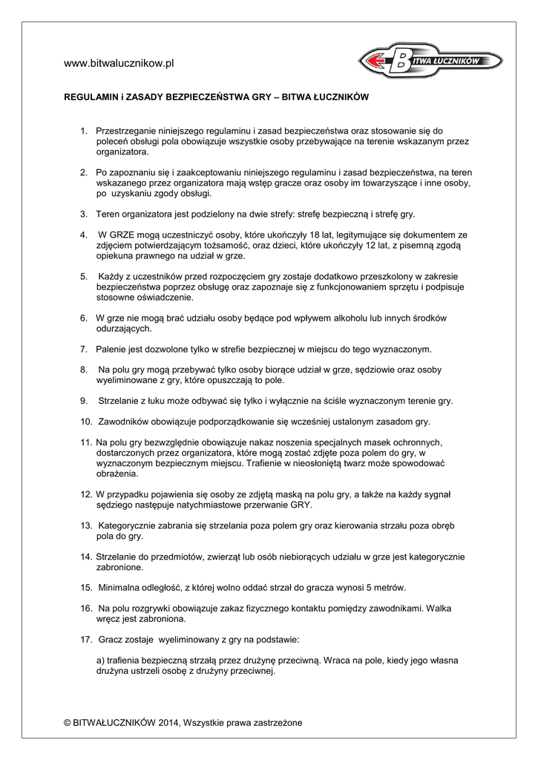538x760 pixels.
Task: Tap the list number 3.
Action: [84, 214]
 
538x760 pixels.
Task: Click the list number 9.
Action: [84, 401]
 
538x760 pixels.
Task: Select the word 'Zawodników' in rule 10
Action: [124, 422]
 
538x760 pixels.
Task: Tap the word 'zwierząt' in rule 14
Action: [218, 557]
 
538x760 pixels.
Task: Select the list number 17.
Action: [85, 639]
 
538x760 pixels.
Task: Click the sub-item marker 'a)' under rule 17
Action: [101, 661]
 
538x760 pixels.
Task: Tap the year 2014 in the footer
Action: [168, 722]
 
